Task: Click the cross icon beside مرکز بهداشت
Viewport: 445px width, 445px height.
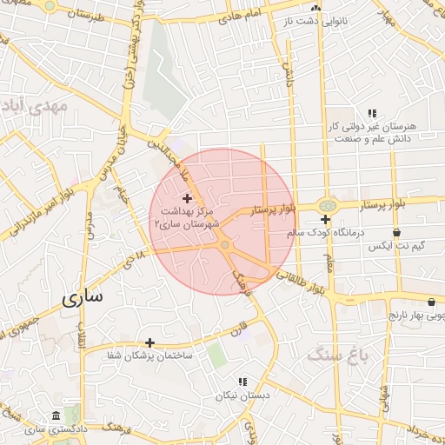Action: (187, 199)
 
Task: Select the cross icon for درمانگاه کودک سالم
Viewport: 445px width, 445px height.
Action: (325, 219)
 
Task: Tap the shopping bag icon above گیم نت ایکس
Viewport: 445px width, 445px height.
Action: (396, 233)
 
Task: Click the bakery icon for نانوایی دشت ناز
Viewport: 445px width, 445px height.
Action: (316, 8)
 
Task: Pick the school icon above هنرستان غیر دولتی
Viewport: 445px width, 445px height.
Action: (372, 113)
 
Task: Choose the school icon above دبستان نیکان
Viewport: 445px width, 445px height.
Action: (242, 381)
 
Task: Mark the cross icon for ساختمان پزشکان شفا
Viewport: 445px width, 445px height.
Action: (149, 342)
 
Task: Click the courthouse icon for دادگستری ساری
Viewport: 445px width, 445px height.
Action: (56, 415)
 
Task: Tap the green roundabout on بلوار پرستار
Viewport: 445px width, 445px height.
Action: (326, 205)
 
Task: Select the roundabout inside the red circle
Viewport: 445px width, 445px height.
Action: (225, 246)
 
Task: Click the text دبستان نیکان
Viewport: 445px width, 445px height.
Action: (243, 395)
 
